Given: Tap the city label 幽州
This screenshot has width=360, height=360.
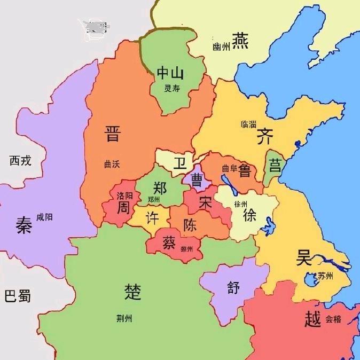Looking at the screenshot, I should click(221, 47).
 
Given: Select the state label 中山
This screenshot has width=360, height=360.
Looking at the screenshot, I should click(170, 73).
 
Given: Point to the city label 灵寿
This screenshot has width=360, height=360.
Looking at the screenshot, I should click(172, 88).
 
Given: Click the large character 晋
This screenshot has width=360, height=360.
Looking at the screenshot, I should click(112, 134).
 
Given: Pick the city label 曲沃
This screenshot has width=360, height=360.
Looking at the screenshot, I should click(112, 164).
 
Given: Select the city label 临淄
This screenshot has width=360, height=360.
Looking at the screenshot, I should click(248, 124).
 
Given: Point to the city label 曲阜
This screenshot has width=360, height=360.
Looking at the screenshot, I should click(229, 168).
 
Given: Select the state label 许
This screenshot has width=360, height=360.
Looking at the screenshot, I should click(152, 219).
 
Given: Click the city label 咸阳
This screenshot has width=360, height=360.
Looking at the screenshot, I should click(44, 217).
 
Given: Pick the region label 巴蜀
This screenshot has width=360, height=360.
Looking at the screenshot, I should click(17, 295).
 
